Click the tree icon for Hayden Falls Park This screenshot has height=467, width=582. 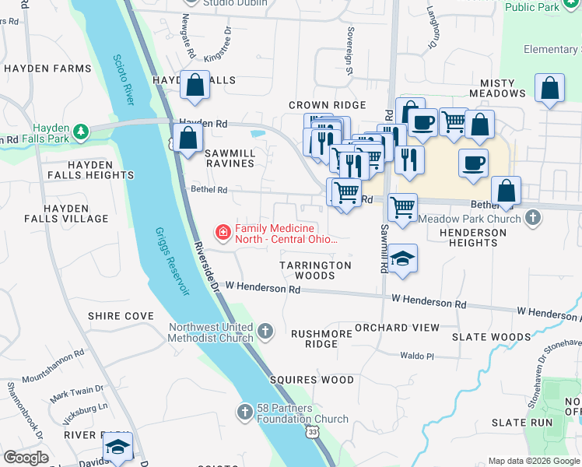(x=82, y=130)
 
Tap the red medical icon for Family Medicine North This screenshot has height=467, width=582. (x=223, y=232)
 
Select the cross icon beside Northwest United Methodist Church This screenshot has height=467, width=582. (x=265, y=332)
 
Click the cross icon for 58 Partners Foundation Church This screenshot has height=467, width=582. (x=244, y=410)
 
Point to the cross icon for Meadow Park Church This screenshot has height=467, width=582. (x=533, y=218)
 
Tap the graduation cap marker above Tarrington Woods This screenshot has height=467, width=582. (x=402, y=259)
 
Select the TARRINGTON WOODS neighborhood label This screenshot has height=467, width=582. (x=315, y=270)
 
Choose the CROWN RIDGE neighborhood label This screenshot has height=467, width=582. (x=327, y=105)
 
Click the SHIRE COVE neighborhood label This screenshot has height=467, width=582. (x=121, y=315)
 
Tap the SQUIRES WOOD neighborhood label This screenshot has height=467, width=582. (x=311, y=380)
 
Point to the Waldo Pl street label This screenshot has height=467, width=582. (x=416, y=356)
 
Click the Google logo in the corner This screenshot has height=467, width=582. (x=26, y=458)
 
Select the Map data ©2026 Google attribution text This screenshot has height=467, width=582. (x=533, y=461)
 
